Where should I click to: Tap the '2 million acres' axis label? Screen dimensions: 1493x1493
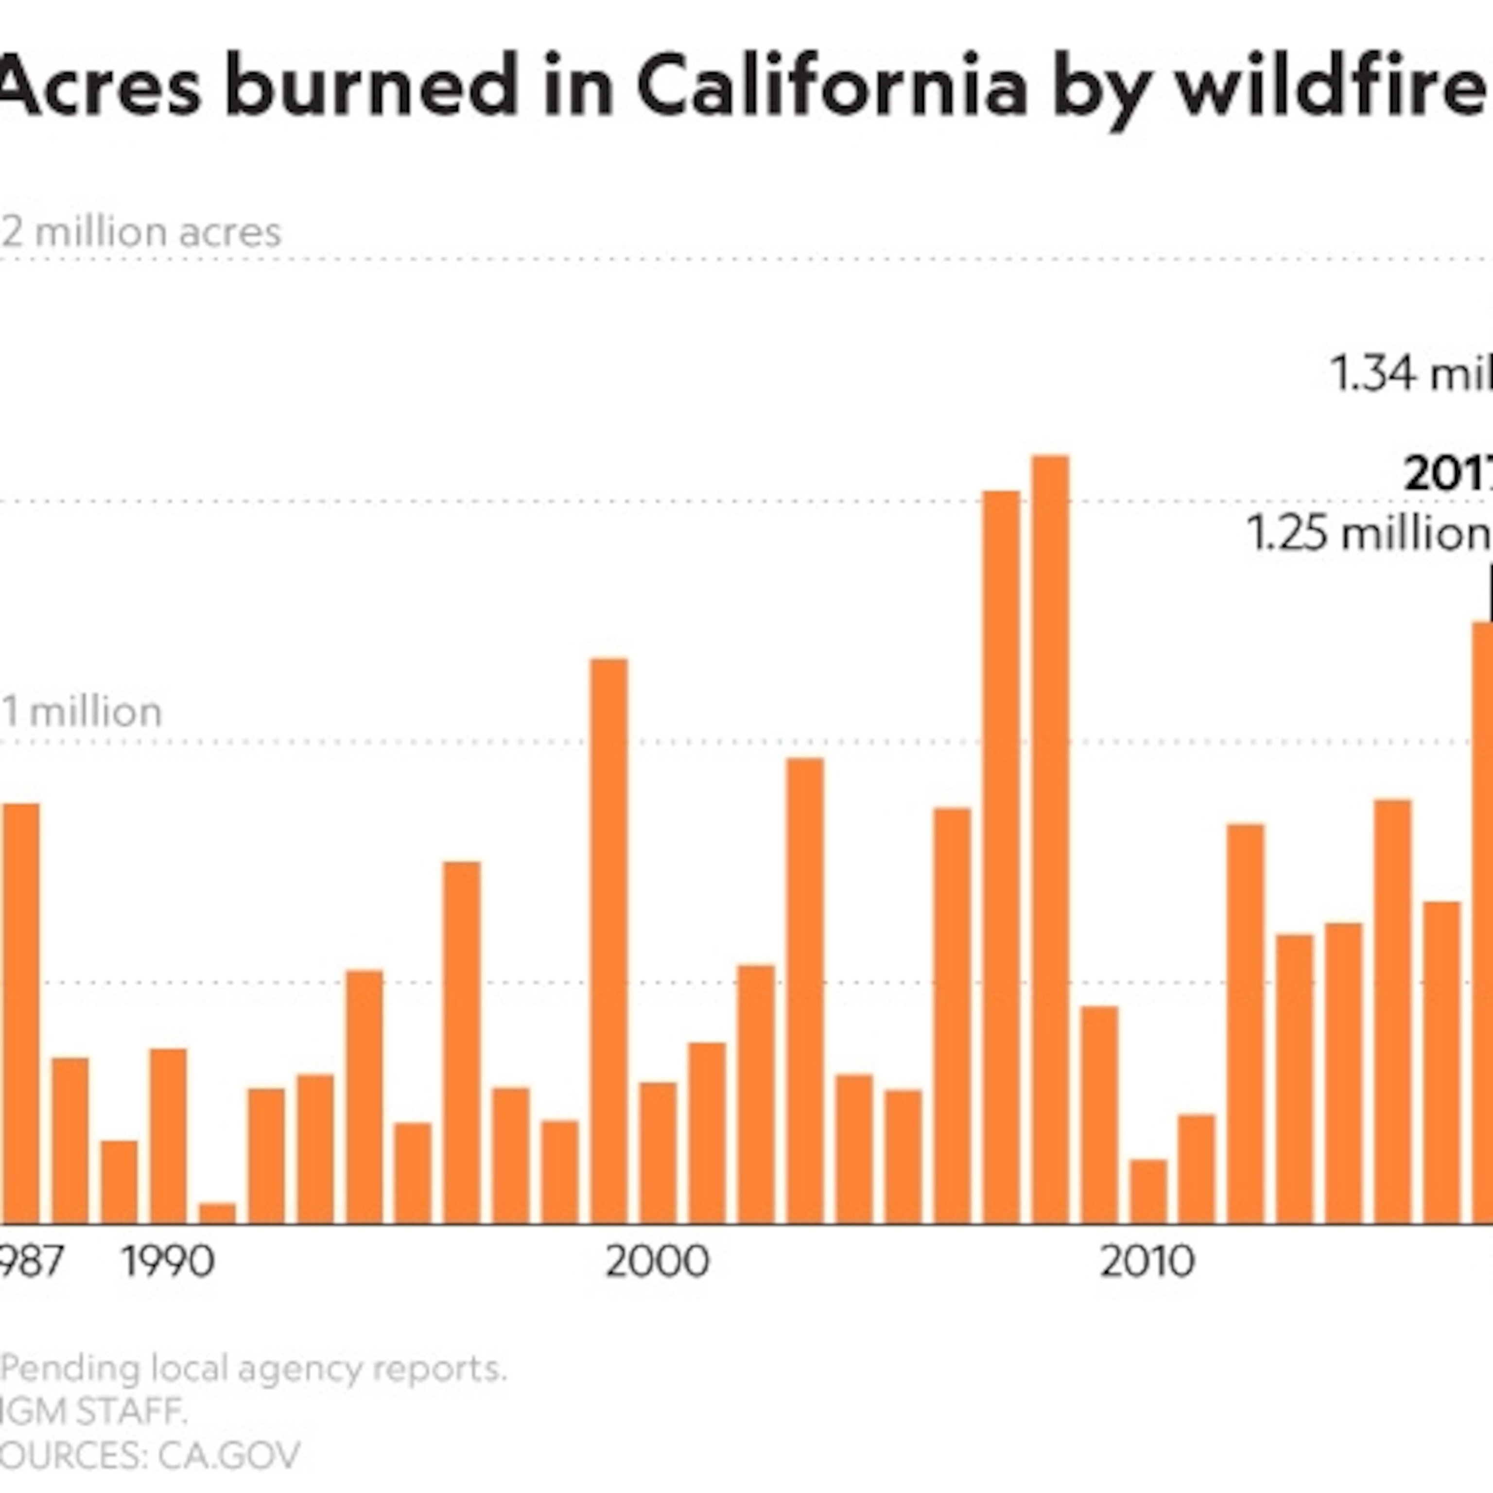click(141, 232)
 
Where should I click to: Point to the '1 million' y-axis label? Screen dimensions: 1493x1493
click(82, 712)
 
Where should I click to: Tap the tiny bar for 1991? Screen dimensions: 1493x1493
click(217, 1213)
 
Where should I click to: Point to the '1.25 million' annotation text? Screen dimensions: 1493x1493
click(1368, 533)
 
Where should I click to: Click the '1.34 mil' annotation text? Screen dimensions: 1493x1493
click(1410, 373)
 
